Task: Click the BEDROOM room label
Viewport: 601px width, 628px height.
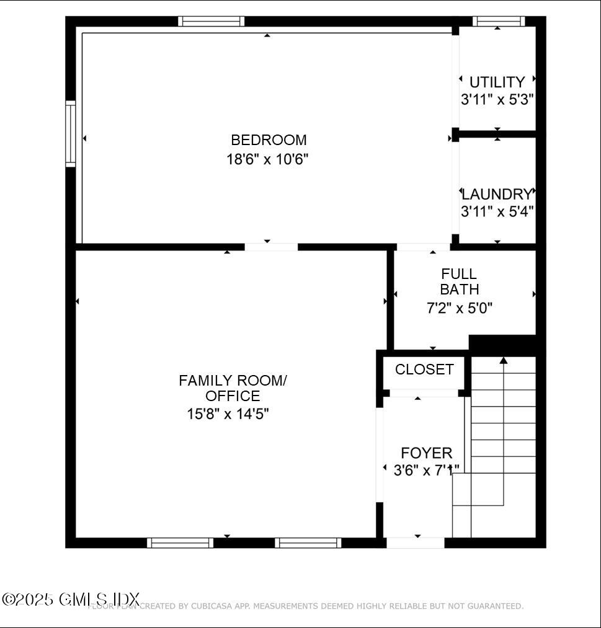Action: pyautogui.click(x=269, y=140)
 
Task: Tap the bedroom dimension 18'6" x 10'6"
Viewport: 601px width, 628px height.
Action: pyautogui.click(x=267, y=159)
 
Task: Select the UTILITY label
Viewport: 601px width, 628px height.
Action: pyautogui.click(x=497, y=82)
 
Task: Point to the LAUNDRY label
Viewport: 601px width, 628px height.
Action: pyautogui.click(x=497, y=194)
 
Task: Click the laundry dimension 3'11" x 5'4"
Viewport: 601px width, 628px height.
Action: pyautogui.click(x=497, y=211)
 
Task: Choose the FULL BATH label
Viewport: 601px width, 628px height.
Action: pyautogui.click(x=459, y=281)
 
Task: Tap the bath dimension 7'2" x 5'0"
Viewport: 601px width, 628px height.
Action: pyautogui.click(x=460, y=307)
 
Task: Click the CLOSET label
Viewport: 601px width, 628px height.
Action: pyautogui.click(x=424, y=369)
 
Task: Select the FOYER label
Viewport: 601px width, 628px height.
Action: pyautogui.click(x=426, y=453)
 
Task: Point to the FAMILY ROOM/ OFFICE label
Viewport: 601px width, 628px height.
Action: pyautogui.click(x=233, y=387)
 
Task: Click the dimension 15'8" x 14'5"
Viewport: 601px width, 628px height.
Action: pyautogui.click(x=228, y=414)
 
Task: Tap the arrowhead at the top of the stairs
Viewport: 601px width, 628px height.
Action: pyautogui.click(x=504, y=360)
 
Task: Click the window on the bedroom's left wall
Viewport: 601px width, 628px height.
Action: pyautogui.click(x=71, y=134)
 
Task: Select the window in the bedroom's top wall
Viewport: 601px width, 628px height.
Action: pyautogui.click(x=211, y=21)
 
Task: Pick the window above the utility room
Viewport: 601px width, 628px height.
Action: pyautogui.click(x=499, y=21)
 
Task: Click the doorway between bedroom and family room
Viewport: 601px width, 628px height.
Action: pyautogui.click(x=271, y=247)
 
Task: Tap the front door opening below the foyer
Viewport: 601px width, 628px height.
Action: pyautogui.click(x=415, y=543)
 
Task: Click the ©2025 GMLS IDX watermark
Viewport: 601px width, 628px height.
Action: pyautogui.click(x=71, y=599)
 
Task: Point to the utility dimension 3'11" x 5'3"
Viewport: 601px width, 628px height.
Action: pyautogui.click(x=497, y=99)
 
